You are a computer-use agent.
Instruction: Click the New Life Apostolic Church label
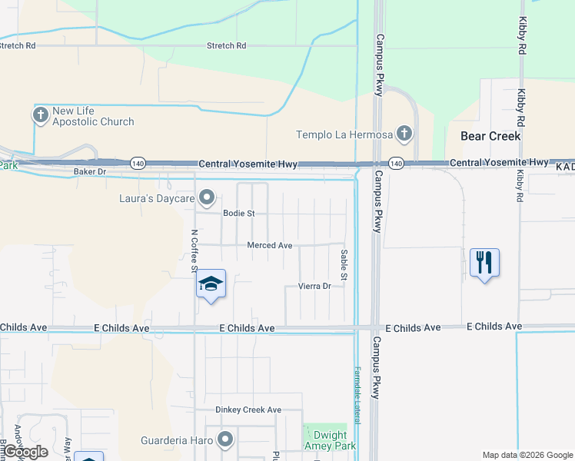point(93,116)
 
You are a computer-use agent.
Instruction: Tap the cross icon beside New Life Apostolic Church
point(41,115)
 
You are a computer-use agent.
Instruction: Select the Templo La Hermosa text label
point(344,135)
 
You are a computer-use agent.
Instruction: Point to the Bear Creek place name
point(490,136)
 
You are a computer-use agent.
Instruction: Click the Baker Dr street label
point(88,171)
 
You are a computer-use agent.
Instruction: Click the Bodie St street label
point(238,214)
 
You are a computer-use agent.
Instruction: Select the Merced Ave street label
point(269,246)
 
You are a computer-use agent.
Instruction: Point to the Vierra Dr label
point(314,287)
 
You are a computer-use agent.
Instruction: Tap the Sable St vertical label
point(344,264)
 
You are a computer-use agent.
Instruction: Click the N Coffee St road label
point(194,246)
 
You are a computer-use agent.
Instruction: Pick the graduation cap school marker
point(211,284)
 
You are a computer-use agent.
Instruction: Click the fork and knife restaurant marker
point(484,263)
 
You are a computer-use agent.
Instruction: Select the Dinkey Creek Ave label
point(248,410)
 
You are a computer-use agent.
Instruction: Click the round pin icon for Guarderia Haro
point(225,440)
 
